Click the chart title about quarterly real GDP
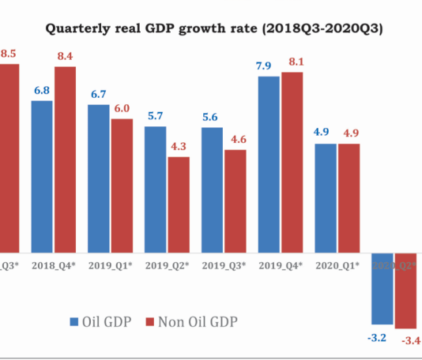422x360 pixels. tap(214, 29)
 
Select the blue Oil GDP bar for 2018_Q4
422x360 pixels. tap(42, 174)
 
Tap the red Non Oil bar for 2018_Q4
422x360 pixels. tap(65, 158)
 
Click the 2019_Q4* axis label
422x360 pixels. tap(280, 264)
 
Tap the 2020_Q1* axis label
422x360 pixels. tap(337, 264)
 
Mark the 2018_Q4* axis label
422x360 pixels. tap(53, 264)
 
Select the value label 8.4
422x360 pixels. tap(65, 54)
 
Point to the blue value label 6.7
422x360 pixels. tap(99, 93)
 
